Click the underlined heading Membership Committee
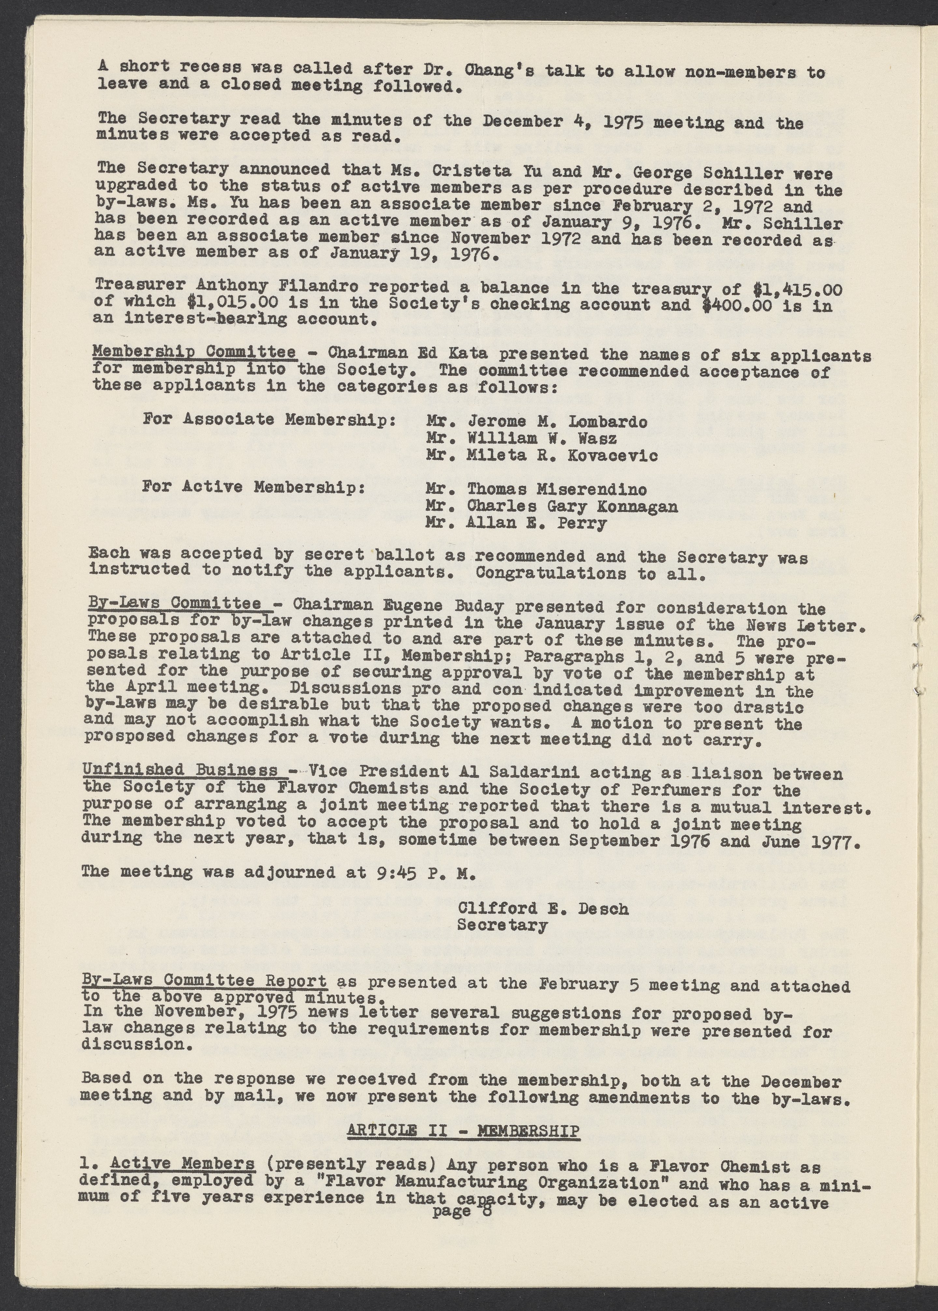click(195, 353)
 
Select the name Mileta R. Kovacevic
click(562, 455)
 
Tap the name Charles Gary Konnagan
click(572, 507)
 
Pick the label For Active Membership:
click(253, 487)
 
